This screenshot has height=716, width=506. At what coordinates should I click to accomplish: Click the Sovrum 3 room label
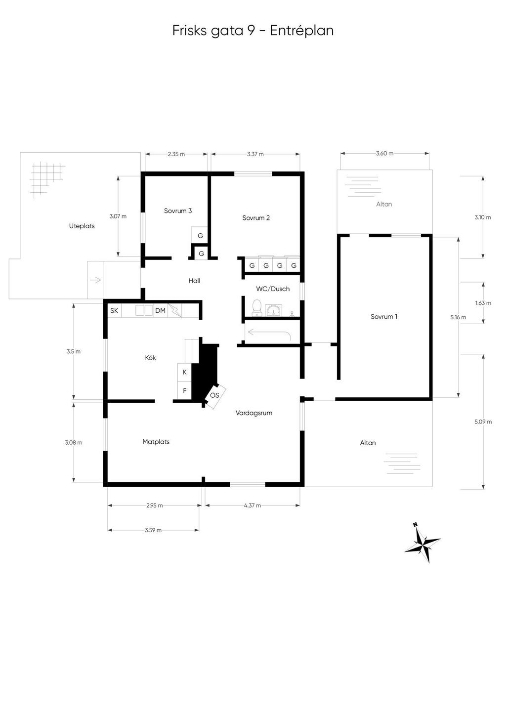178,211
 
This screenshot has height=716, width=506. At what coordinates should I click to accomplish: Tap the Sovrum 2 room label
255,218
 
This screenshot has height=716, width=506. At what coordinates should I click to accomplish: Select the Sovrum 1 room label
383,317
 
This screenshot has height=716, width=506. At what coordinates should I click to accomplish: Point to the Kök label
150,358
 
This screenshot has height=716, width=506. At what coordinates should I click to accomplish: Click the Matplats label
156,442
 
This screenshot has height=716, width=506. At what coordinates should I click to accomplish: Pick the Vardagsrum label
254,413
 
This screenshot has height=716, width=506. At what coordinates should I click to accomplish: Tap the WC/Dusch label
273,289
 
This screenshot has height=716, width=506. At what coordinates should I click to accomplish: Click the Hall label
194,281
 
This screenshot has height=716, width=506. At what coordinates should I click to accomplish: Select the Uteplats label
82,226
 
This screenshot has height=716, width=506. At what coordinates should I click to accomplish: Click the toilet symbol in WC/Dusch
256,307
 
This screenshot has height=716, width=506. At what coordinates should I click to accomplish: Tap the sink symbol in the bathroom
273,310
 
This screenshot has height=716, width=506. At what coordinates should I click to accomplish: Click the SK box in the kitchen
114,311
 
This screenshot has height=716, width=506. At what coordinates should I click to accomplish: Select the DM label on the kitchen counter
160,311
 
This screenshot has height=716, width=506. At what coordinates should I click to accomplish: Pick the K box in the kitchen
184,372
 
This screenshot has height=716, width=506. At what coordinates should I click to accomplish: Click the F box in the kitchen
184,390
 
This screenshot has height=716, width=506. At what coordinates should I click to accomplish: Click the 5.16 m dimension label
458,317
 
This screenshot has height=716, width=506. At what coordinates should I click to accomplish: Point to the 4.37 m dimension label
252,505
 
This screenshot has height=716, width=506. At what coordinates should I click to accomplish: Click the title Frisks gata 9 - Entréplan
253,31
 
